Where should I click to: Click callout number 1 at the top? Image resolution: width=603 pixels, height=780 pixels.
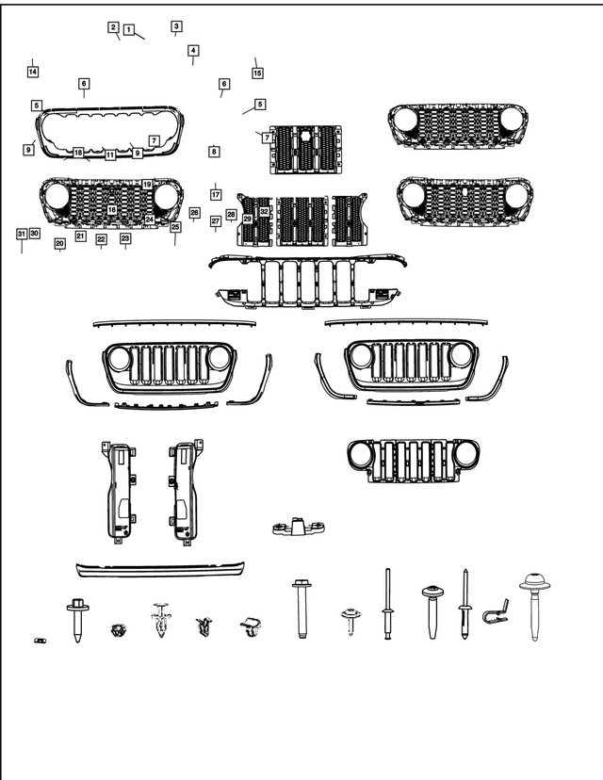(x=128, y=29)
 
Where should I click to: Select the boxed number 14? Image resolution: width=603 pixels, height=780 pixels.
(x=33, y=72)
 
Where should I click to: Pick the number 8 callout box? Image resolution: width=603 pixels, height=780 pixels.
(x=214, y=151)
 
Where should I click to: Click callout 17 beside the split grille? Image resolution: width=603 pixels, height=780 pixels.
(x=215, y=195)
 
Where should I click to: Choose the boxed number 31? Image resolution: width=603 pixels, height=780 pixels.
(x=21, y=233)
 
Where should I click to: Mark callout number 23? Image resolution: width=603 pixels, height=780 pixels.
(x=125, y=238)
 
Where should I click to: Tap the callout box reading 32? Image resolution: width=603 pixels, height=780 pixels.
(x=265, y=212)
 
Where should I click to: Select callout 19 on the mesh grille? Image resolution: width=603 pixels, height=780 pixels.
(x=148, y=184)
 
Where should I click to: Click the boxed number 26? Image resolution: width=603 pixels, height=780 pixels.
(x=195, y=213)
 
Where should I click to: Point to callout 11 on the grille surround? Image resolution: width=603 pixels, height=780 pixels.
(x=110, y=154)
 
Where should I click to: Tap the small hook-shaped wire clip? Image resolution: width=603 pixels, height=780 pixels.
(x=497, y=612)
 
